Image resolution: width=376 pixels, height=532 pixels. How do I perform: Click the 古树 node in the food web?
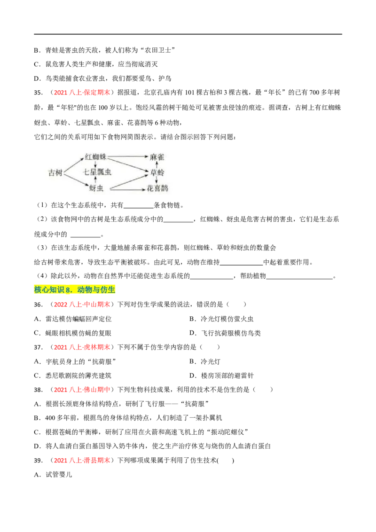coord(55,172)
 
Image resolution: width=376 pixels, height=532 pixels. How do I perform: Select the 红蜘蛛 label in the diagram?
coord(96,157)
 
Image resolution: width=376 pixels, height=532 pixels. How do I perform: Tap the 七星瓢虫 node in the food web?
coord(97,172)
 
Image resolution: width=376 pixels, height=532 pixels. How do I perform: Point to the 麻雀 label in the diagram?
coord(157,157)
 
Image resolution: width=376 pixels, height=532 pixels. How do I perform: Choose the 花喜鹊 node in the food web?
coord(157,188)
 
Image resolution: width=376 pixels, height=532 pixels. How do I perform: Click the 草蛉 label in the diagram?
coord(157,172)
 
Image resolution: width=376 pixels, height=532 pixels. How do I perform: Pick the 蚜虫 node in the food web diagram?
coord(96,188)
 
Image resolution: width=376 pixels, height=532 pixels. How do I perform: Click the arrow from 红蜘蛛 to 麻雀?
coord(127,156)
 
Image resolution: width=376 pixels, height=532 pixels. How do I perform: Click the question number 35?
coord(39,93)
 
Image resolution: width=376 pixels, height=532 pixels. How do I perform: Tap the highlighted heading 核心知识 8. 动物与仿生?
coord(75,289)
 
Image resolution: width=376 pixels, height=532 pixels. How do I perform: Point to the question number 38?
coord(39,390)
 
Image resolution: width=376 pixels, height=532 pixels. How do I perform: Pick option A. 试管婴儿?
coord(53,475)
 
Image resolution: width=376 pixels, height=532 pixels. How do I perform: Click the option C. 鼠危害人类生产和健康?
coord(96,64)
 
